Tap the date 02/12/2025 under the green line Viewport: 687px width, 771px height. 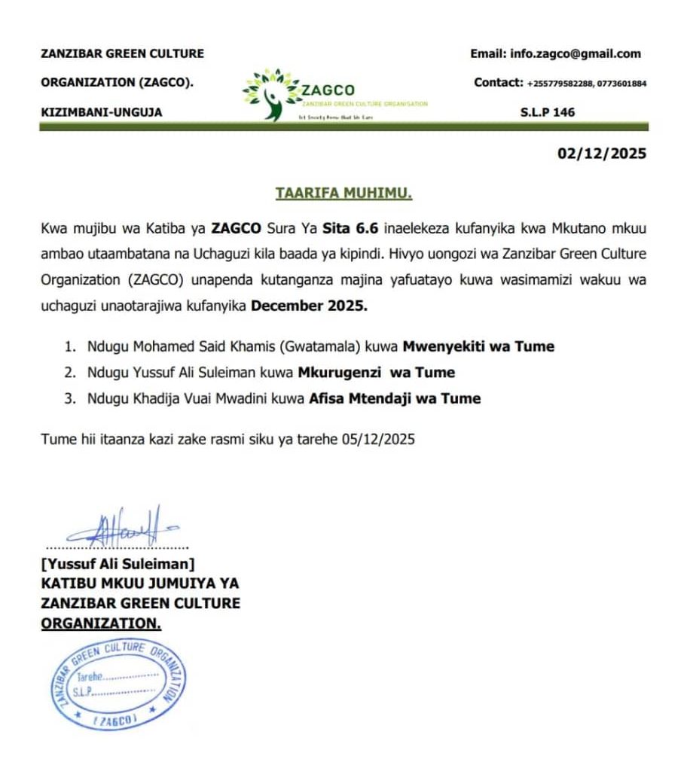(601, 154)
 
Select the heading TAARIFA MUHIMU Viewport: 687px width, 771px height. (343, 194)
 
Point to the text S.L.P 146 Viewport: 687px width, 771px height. (547, 112)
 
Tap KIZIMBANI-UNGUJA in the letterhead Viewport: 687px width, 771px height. (101, 113)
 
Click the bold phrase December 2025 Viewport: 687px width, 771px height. (309, 306)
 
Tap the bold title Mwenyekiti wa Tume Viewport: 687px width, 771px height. (478, 347)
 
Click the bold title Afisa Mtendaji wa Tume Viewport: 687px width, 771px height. (395, 398)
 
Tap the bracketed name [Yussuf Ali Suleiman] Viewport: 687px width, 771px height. (118, 562)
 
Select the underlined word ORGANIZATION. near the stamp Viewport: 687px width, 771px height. (101, 623)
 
